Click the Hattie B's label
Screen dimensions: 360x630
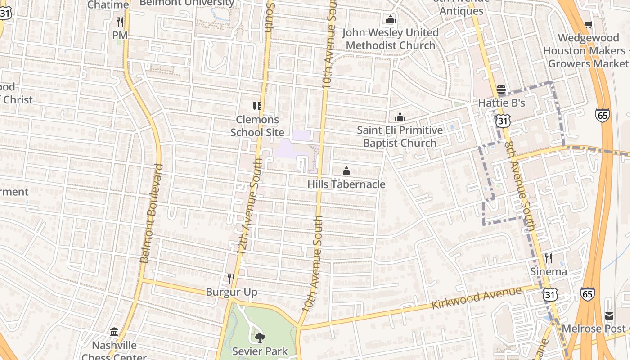[x=501, y=103]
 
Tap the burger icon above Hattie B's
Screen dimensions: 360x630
[x=501, y=90]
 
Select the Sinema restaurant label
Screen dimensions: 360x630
[x=548, y=271]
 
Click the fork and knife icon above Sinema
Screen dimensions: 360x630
[x=548, y=258]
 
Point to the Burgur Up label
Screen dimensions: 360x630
[x=231, y=292]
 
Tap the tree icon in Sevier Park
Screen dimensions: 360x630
[x=260, y=337]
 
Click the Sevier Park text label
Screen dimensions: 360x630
[x=260, y=351]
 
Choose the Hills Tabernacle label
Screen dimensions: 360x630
[x=346, y=184]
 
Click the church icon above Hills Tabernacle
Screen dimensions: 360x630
[x=346, y=171]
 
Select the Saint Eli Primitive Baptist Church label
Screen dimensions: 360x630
[x=400, y=136]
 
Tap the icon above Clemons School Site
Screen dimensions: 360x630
[x=257, y=106]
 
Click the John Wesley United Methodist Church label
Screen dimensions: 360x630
[x=390, y=39]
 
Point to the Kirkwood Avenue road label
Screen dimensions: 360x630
[x=477, y=298]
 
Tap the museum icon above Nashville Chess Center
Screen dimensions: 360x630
[x=114, y=332]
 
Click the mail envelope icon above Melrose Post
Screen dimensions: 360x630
[x=609, y=315]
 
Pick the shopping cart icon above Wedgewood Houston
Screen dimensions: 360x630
[x=588, y=24]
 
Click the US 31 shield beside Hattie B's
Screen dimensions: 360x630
[x=503, y=120]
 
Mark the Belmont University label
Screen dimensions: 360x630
[x=187, y=3]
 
